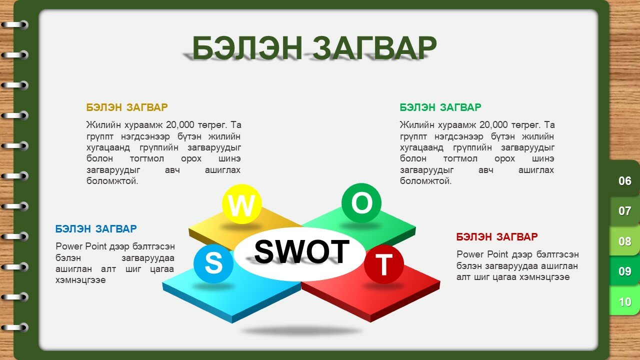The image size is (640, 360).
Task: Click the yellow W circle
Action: [x=241, y=204]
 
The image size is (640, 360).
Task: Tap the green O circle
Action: [x=361, y=203]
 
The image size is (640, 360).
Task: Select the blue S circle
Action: [x=213, y=263]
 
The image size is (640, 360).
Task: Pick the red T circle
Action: [x=383, y=264]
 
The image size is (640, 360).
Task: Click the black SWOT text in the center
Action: [x=301, y=251]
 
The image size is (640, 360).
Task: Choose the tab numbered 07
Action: [x=624, y=211]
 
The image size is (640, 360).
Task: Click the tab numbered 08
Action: [x=624, y=241]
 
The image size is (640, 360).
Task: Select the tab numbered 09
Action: [x=624, y=271]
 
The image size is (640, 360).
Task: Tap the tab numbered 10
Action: [x=624, y=301]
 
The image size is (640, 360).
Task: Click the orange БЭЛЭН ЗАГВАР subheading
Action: [x=127, y=107]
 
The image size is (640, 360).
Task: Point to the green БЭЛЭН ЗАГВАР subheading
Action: [x=440, y=107]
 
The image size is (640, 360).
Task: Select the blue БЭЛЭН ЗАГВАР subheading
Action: [x=96, y=229]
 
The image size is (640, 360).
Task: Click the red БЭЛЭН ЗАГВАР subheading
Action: [x=497, y=237]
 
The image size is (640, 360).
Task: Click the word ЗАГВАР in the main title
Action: [x=374, y=47]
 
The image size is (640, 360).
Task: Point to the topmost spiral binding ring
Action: [x=14, y=25]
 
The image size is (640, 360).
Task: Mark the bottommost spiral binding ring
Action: [x=14, y=327]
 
